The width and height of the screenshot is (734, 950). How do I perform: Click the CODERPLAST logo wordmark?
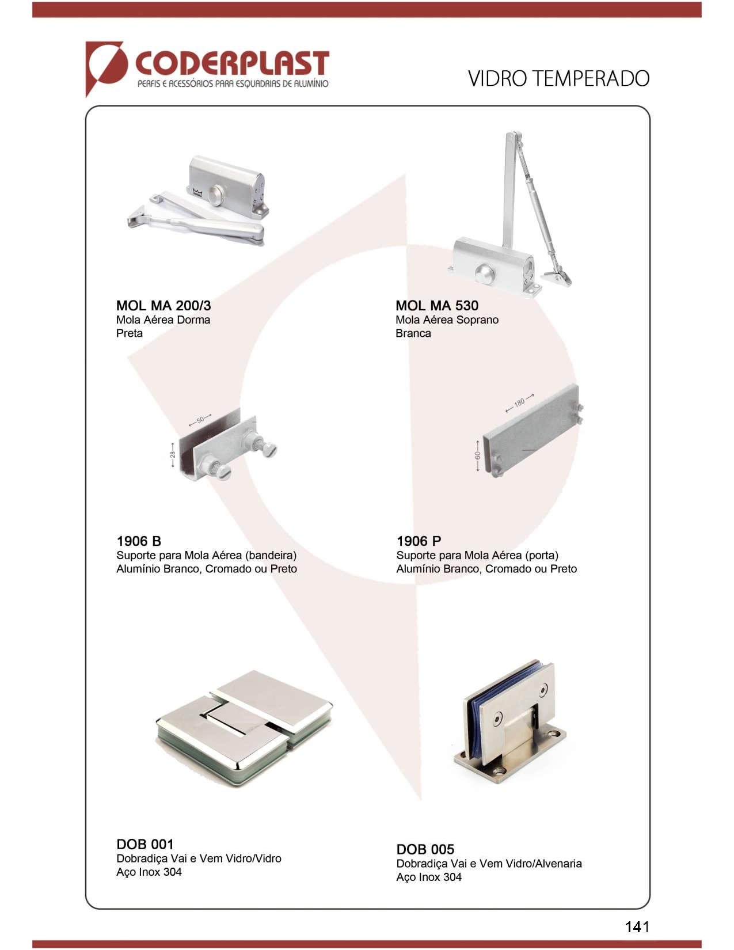coord(232,64)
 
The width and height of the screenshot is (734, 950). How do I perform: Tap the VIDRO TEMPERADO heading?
coord(558,79)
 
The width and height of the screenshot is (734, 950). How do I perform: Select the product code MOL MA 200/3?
coord(163,306)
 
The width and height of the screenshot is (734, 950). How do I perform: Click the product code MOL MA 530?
coord(437,306)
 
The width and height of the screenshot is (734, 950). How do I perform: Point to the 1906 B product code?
coord(139,541)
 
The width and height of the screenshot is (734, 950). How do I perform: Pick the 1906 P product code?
coord(419,541)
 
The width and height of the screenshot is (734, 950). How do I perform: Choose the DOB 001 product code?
coord(145,844)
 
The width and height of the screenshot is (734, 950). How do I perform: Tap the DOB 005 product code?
coord(425,849)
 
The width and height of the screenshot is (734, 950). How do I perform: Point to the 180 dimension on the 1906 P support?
coord(519,402)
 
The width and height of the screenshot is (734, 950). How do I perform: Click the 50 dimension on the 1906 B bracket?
coord(200,420)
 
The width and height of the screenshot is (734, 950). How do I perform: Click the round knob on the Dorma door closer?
coord(215,195)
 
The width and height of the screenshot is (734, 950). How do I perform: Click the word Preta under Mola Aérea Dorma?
coord(130,333)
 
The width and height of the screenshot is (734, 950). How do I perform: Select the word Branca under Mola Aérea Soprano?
coord(413,333)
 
